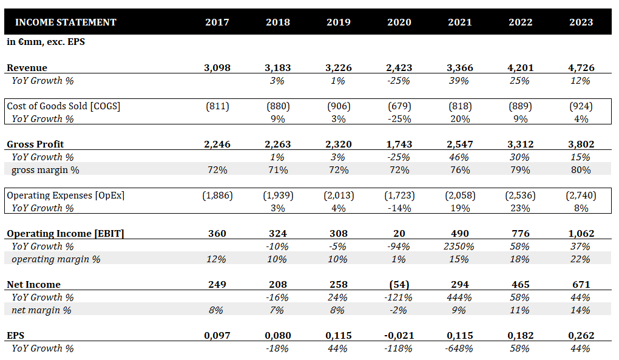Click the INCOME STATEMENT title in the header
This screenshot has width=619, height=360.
[x=66, y=22]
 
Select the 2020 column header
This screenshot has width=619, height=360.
[x=399, y=22]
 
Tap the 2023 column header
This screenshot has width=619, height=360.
[x=581, y=22]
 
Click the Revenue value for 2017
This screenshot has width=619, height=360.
[x=217, y=68]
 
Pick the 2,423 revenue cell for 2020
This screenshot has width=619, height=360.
[x=399, y=68]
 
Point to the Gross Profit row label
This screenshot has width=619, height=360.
[x=35, y=144]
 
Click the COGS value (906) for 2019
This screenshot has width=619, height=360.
[x=339, y=106]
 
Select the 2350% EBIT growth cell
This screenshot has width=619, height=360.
[x=459, y=246]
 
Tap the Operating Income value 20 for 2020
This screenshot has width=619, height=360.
[x=399, y=234]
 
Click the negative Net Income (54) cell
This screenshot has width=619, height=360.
[x=399, y=285]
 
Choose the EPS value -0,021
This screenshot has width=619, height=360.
[x=399, y=336]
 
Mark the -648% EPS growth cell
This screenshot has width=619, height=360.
[x=460, y=348]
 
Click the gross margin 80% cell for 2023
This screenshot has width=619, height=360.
[x=581, y=170]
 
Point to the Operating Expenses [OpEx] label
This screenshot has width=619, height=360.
[x=66, y=195]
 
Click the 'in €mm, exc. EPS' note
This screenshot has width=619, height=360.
[x=46, y=42]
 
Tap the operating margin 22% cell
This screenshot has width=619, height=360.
[x=580, y=259]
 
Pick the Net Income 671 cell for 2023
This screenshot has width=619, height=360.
[x=581, y=285]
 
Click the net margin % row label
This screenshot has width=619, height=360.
[x=41, y=310]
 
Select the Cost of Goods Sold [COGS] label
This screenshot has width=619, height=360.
[x=64, y=106]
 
